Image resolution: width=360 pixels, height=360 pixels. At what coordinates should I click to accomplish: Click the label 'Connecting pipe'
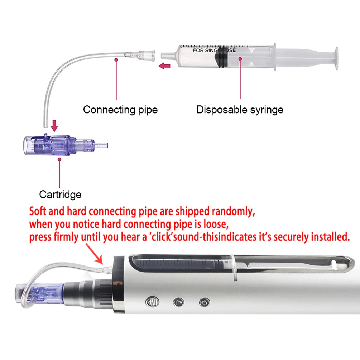120,110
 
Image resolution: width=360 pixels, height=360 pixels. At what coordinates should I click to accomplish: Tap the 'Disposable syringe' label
240,110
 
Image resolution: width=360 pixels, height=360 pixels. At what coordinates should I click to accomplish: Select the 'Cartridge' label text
60,195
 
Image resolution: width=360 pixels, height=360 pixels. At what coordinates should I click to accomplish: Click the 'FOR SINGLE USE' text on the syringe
214,50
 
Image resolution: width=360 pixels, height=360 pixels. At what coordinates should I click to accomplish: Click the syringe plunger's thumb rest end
336,58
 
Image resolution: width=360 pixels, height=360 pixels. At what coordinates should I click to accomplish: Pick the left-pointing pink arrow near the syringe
164,66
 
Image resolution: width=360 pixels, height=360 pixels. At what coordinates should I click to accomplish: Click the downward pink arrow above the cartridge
54,126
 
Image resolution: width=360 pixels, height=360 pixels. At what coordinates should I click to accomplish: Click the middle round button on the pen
178,302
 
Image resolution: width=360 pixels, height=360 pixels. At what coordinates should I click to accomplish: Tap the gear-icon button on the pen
204,302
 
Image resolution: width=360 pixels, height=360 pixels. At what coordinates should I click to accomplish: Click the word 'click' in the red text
162,237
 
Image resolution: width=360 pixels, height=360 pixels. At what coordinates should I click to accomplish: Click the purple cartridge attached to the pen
40,294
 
